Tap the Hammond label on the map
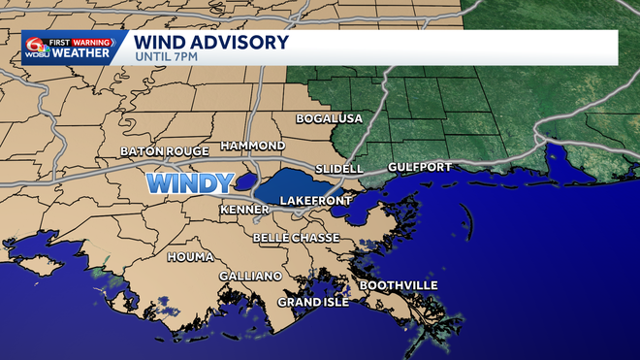pyautogui.click(x=252, y=145)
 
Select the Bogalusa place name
pyautogui.click(x=329, y=118)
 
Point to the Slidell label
pyautogui.click(x=338, y=168)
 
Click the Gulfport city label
pyautogui.click(x=419, y=167)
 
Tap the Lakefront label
pyautogui.click(x=311, y=201)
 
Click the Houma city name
pyautogui.click(x=190, y=257)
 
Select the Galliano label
pyautogui.click(x=250, y=277)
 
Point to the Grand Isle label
pyautogui.click(x=312, y=302)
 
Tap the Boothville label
pyautogui.click(x=399, y=285)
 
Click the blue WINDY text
pyautogui.click(x=189, y=181)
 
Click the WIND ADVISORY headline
pyautogui.click(x=210, y=42)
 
